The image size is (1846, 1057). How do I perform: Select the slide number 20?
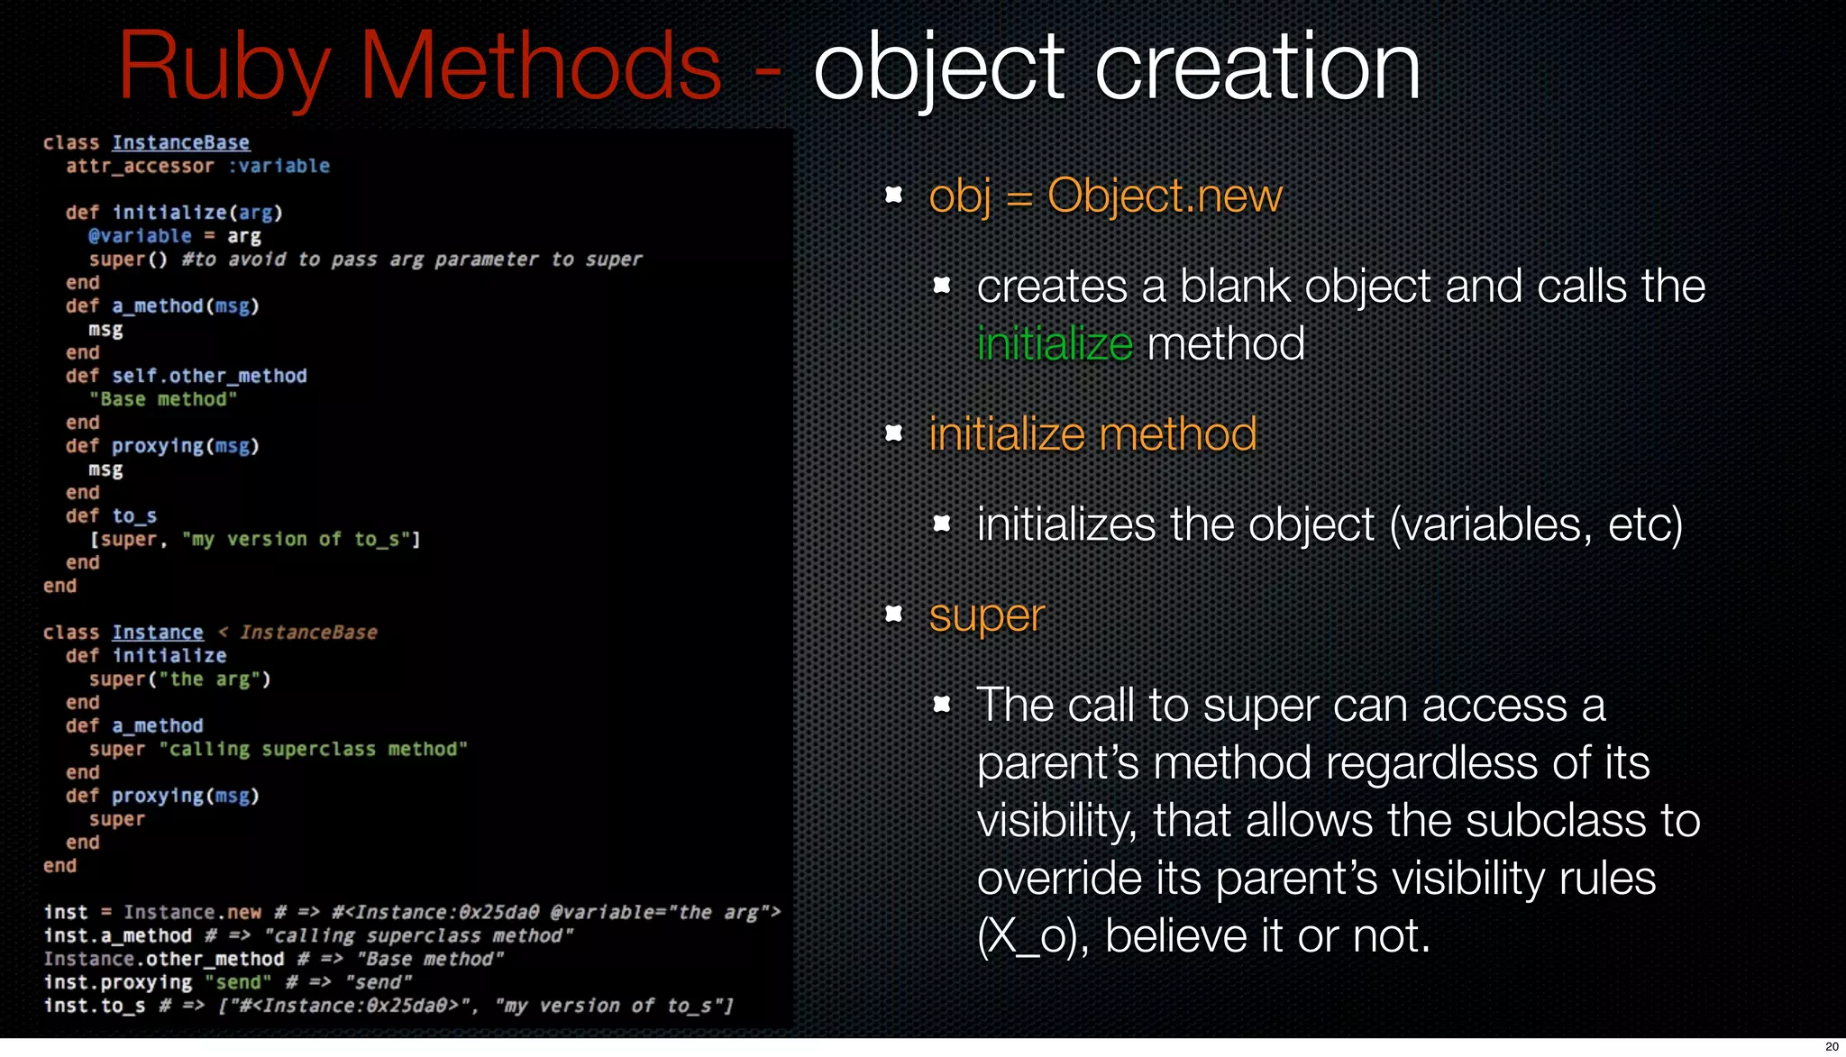tap(1831, 1046)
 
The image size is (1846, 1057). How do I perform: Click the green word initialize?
tap(1054, 344)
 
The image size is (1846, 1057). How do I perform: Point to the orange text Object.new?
tap(1164, 196)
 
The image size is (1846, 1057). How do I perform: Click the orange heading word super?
tap(986, 616)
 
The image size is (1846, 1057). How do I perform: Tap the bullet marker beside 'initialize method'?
tap(894, 433)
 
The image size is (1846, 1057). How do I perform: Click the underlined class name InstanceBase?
tap(180, 142)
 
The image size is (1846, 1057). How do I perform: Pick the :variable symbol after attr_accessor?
tap(279, 166)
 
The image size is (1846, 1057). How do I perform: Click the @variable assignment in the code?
tap(140, 236)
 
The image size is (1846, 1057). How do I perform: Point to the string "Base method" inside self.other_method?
tap(163, 399)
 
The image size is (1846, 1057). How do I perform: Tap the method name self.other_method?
tap(209, 376)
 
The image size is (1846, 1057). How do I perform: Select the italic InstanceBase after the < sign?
tap(308, 633)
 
